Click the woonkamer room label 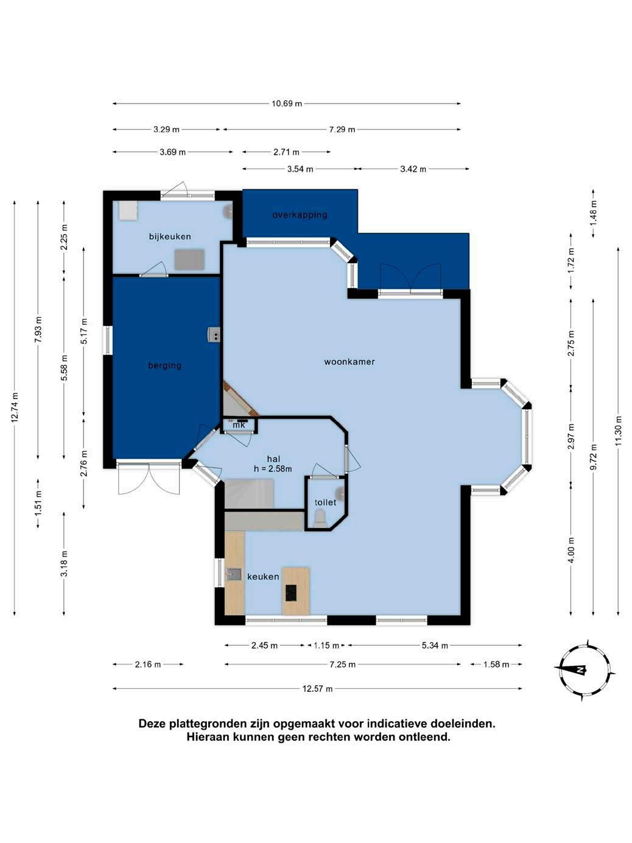pos(349,361)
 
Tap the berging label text pos(164,365)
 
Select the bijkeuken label pos(170,236)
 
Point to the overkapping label pos(300,214)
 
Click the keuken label pos(263,576)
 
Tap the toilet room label pos(325,503)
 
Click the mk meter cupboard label pos(239,425)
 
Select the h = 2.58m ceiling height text pos(273,468)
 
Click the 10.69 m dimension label pos(287,104)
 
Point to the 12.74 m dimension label pos(15,407)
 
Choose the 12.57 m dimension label pos(317,689)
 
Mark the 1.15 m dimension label pos(326,645)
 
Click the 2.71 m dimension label pos(286,152)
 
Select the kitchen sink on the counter pos(234,574)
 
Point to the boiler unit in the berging pos(214,334)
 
